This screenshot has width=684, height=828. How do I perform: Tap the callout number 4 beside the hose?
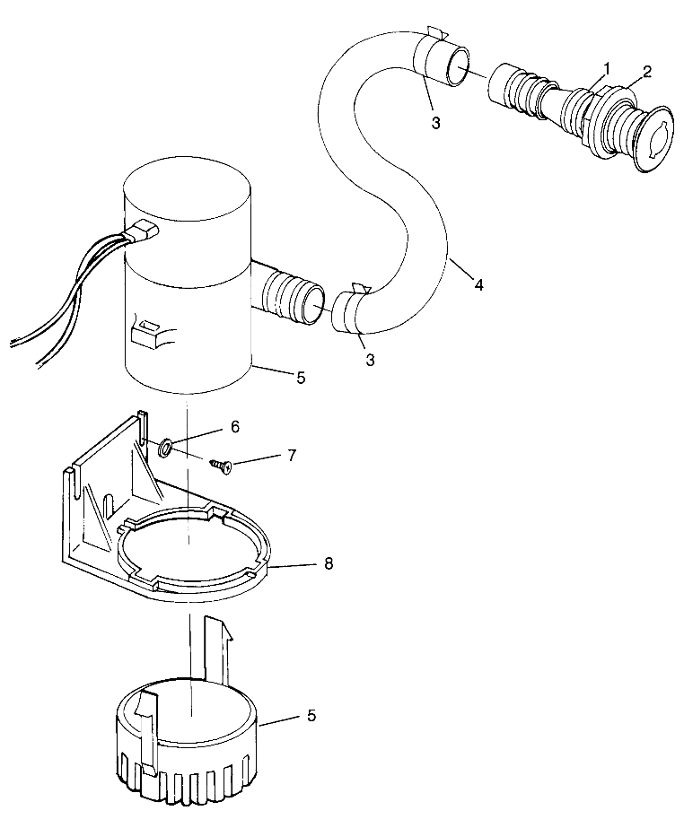tap(478, 284)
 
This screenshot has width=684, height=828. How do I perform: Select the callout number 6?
tap(234, 428)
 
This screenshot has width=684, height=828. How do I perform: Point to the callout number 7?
tap(291, 456)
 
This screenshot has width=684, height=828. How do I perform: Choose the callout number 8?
tap(328, 564)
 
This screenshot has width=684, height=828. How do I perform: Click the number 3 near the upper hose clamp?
tap(435, 124)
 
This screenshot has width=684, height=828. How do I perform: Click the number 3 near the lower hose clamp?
tap(370, 360)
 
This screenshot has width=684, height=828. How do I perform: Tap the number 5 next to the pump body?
tap(301, 378)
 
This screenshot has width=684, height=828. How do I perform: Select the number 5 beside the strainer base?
tap(311, 715)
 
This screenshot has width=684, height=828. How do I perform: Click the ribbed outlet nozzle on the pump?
tap(290, 300)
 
